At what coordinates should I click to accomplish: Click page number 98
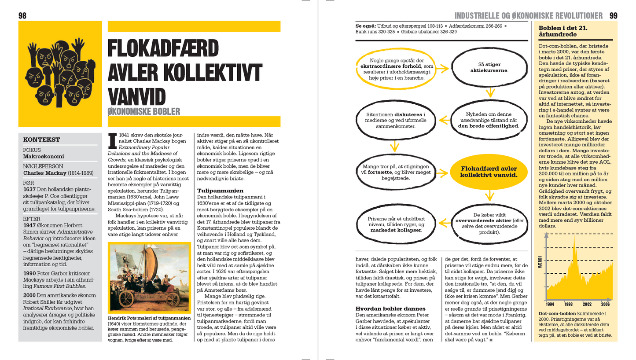pos(22,16)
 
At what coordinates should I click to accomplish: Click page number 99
pos(614,16)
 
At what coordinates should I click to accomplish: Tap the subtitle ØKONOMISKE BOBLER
pos(144,111)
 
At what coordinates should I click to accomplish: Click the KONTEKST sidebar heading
pos(41,140)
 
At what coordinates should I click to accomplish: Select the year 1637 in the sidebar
pos(29,189)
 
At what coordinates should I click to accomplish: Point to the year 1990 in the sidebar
pos(30,273)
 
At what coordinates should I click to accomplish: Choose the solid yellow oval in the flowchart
pos(489,172)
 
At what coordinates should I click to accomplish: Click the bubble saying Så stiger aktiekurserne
pos(489,67)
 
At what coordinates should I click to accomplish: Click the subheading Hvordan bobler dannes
pos(390,309)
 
